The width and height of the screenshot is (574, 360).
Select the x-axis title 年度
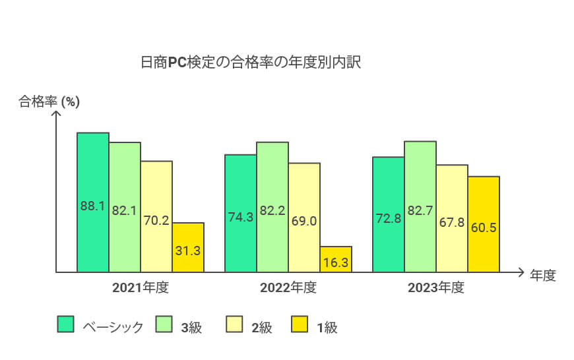pos(543,276)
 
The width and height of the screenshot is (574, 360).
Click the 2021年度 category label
pos(141,288)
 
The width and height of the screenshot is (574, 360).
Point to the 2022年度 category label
pos(288,288)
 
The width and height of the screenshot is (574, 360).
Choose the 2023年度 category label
pos(436,288)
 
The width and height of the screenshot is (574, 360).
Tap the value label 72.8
pos(389,218)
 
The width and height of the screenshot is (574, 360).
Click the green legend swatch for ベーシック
pos(65,324)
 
